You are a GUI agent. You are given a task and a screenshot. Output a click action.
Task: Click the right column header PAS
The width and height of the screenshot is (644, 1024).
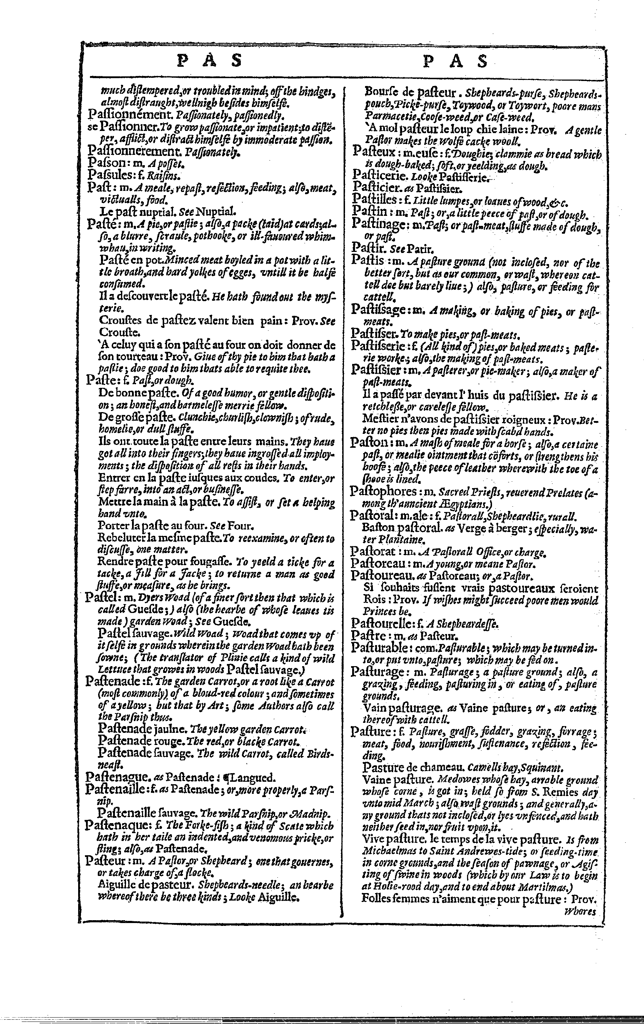tap(456, 61)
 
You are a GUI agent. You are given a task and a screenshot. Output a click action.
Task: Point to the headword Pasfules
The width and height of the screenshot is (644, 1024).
tap(108, 174)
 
